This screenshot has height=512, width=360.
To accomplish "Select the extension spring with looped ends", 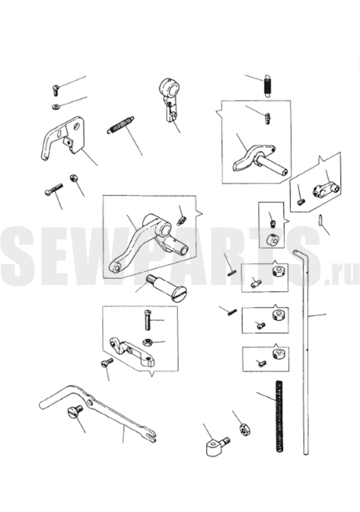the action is [x=120, y=125].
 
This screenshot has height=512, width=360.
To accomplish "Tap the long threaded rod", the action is [x=279, y=416].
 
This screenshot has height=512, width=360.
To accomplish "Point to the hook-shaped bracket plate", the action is [x=63, y=137].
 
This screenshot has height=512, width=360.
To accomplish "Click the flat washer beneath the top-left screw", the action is [x=56, y=107].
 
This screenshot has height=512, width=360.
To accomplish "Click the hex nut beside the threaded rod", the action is [x=245, y=429].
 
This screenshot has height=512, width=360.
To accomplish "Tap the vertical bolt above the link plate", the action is [x=147, y=319].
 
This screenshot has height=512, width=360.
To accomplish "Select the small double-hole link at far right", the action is [x=327, y=189].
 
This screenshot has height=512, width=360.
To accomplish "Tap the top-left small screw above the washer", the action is [x=56, y=90].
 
